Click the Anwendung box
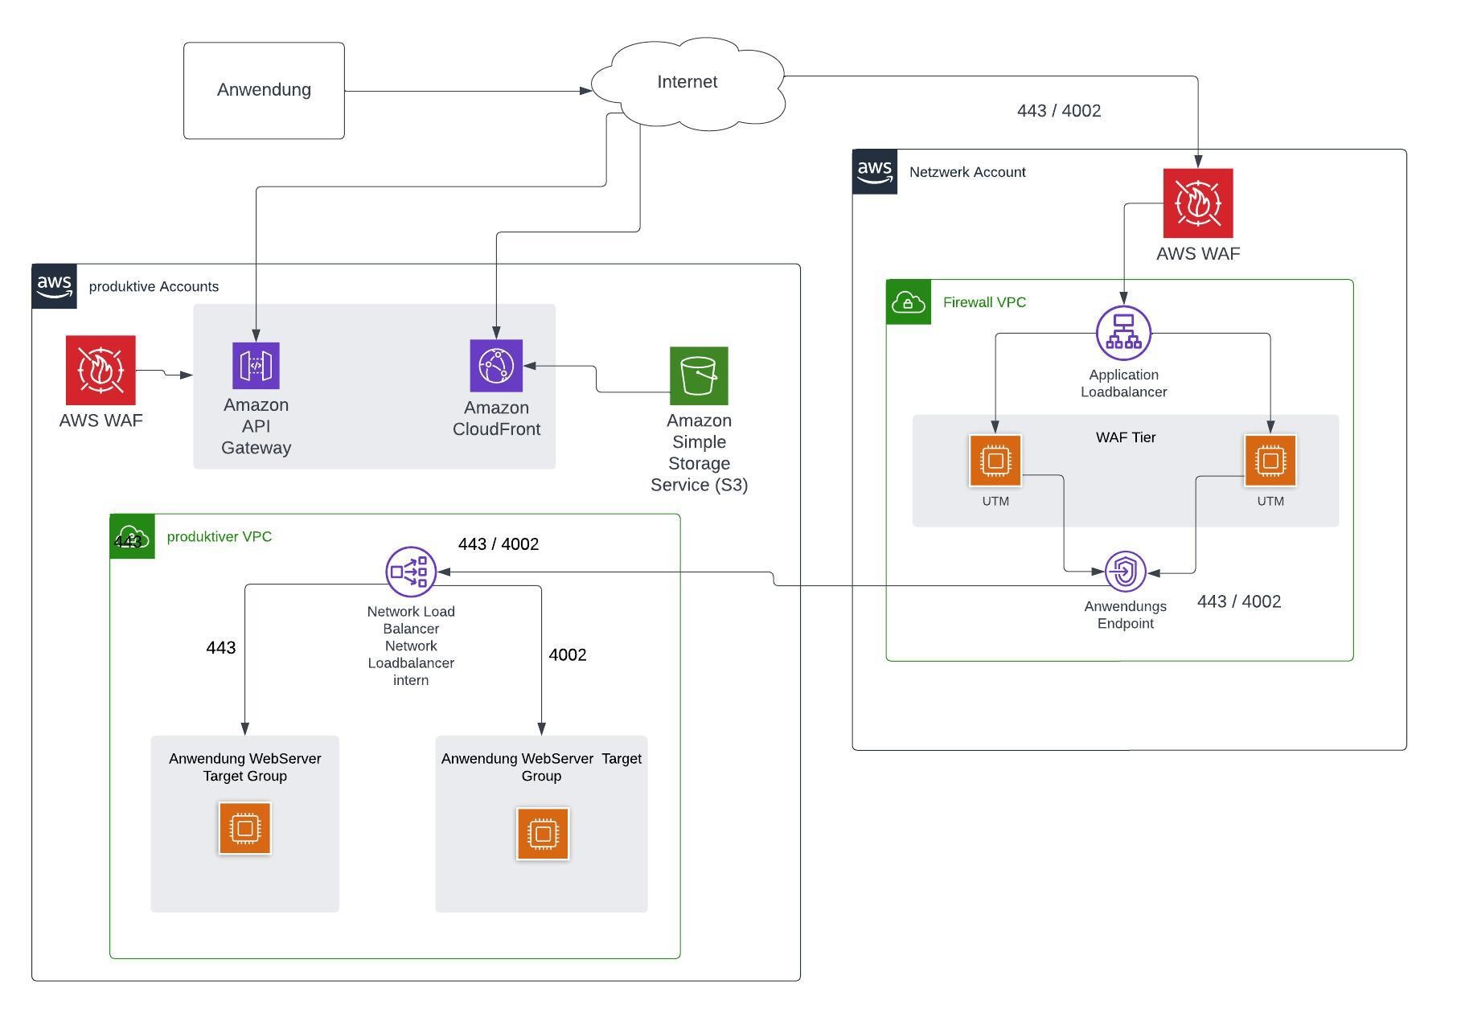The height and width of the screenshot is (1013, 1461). pyautogui.click(x=264, y=91)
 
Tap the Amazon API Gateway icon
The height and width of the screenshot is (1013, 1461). pyautogui.click(x=256, y=366)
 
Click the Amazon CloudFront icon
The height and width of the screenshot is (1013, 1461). pyautogui.click(x=496, y=366)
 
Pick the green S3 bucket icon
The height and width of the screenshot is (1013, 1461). pyautogui.click(x=699, y=376)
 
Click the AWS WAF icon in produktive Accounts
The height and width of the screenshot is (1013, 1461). pyautogui.click(x=101, y=371)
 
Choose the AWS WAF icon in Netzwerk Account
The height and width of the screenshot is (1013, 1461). pyautogui.click(x=1198, y=203)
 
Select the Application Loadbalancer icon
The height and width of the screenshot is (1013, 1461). pyautogui.click(x=1123, y=333)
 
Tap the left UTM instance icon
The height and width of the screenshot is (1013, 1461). pyautogui.click(x=995, y=461)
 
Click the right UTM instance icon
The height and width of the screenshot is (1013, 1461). pyautogui.click(x=1270, y=461)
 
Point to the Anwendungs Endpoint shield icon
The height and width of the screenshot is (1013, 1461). pyautogui.click(x=1125, y=572)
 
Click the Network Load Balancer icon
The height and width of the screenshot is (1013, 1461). pyautogui.click(x=411, y=572)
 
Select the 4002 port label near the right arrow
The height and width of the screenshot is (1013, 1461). pyautogui.click(x=568, y=655)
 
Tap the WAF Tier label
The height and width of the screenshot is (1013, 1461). pyautogui.click(x=1126, y=437)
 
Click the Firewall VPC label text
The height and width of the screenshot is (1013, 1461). pyautogui.click(x=984, y=302)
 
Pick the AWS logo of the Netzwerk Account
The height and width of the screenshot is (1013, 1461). pyautogui.click(x=875, y=172)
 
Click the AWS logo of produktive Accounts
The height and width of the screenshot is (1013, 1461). pyautogui.click(x=55, y=286)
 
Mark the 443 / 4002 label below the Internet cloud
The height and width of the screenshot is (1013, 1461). pyautogui.click(x=1059, y=111)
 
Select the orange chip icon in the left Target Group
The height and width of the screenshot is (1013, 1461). pyautogui.click(x=244, y=828)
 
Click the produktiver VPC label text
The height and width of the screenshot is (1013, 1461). pyautogui.click(x=220, y=536)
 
